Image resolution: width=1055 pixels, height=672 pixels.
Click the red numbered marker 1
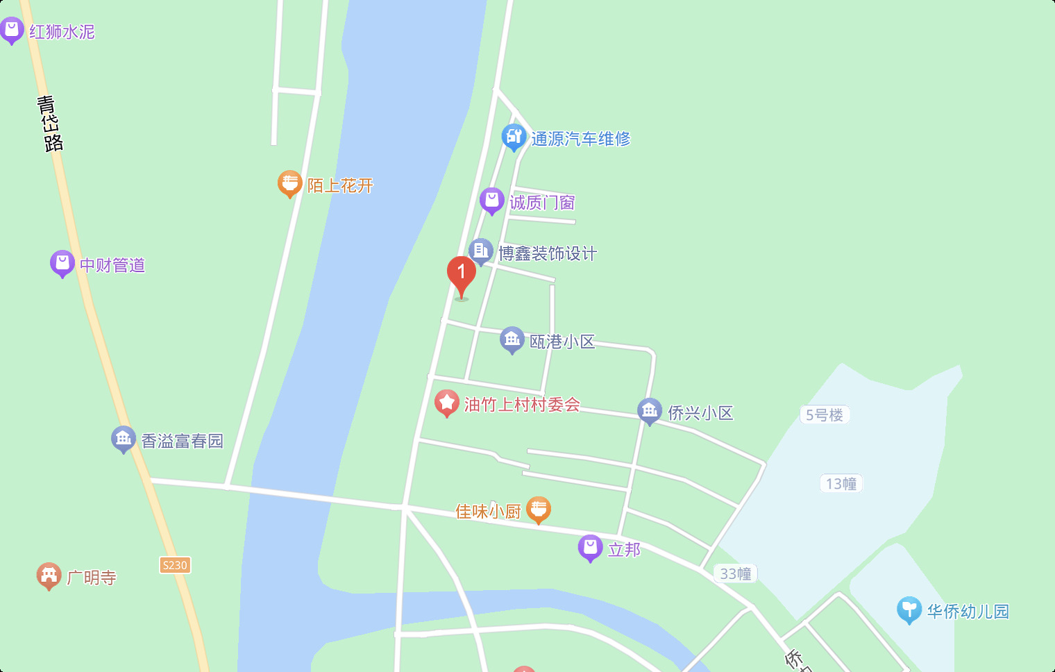click(x=461, y=274)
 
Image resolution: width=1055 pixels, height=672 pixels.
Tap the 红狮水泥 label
click(x=62, y=32)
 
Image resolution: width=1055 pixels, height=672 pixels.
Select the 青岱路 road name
click(x=49, y=124)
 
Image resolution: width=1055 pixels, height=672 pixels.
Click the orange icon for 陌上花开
click(x=289, y=183)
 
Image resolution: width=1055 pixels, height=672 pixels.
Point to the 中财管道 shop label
click(x=112, y=265)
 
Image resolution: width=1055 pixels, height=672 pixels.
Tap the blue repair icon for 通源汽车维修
click(x=514, y=137)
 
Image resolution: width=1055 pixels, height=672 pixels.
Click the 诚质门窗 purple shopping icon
click(x=491, y=201)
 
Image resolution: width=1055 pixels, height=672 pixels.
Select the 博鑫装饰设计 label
click(x=548, y=253)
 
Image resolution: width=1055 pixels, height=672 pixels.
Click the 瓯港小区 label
click(x=562, y=342)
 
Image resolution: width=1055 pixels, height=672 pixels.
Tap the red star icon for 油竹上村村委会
click(x=446, y=403)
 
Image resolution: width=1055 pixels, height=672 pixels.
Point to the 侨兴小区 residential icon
click(x=650, y=411)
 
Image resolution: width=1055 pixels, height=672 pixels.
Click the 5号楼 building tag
click(x=825, y=415)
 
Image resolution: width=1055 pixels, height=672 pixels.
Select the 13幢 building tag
click(x=841, y=484)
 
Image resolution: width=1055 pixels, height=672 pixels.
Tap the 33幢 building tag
click(x=736, y=573)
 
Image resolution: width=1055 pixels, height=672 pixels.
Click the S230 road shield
click(x=175, y=565)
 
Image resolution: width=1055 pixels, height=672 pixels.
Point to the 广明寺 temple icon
click(x=49, y=576)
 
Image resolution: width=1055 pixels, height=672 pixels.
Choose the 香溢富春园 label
click(x=183, y=441)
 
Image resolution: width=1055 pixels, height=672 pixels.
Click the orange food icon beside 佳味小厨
click(x=539, y=510)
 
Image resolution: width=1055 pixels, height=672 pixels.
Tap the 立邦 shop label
click(x=624, y=550)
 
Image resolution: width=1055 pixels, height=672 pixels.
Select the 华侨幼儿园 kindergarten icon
click(x=909, y=610)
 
